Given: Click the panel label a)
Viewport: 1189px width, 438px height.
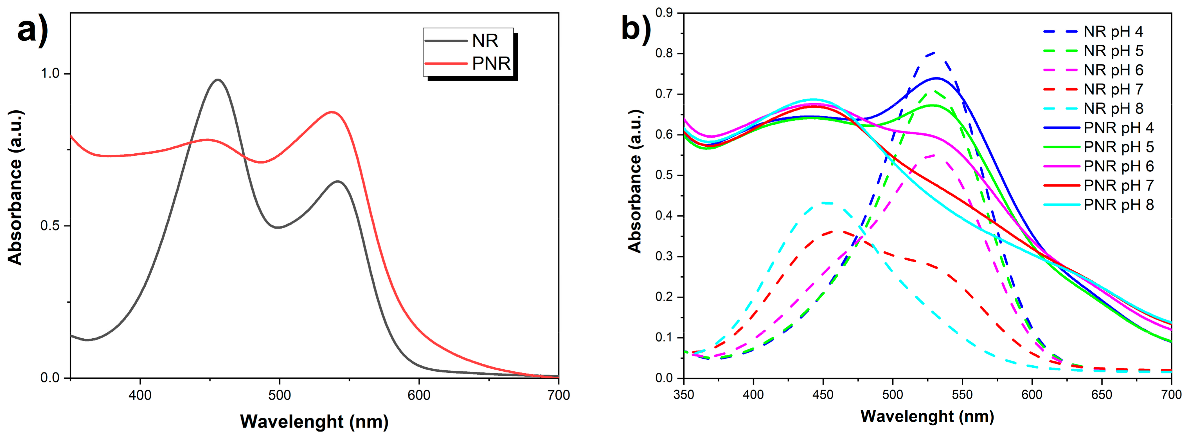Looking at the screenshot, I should (x=32, y=30).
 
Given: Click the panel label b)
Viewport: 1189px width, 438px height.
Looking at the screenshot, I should (x=636, y=29).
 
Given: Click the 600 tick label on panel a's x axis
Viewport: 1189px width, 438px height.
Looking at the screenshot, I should (x=419, y=395).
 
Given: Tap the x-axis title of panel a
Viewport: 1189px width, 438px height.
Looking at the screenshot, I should (x=314, y=421).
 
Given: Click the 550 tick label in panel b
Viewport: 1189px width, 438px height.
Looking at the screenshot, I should (x=962, y=395).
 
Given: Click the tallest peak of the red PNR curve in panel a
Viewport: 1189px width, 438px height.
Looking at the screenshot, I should (x=331, y=112).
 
